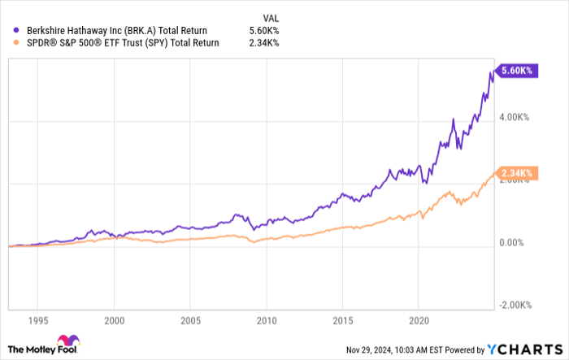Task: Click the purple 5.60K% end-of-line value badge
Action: [515, 71]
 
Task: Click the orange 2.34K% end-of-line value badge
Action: [515, 173]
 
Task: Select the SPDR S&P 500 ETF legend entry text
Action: [119, 43]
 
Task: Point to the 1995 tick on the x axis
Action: [39, 319]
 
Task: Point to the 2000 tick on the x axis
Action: [115, 319]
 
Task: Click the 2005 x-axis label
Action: [190, 319]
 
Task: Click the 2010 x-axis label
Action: [266, 319]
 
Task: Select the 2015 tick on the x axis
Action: [341, 319]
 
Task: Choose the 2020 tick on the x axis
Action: [417, 319]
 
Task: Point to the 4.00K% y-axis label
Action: [515, 118]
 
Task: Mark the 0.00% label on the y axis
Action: [512, 242]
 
